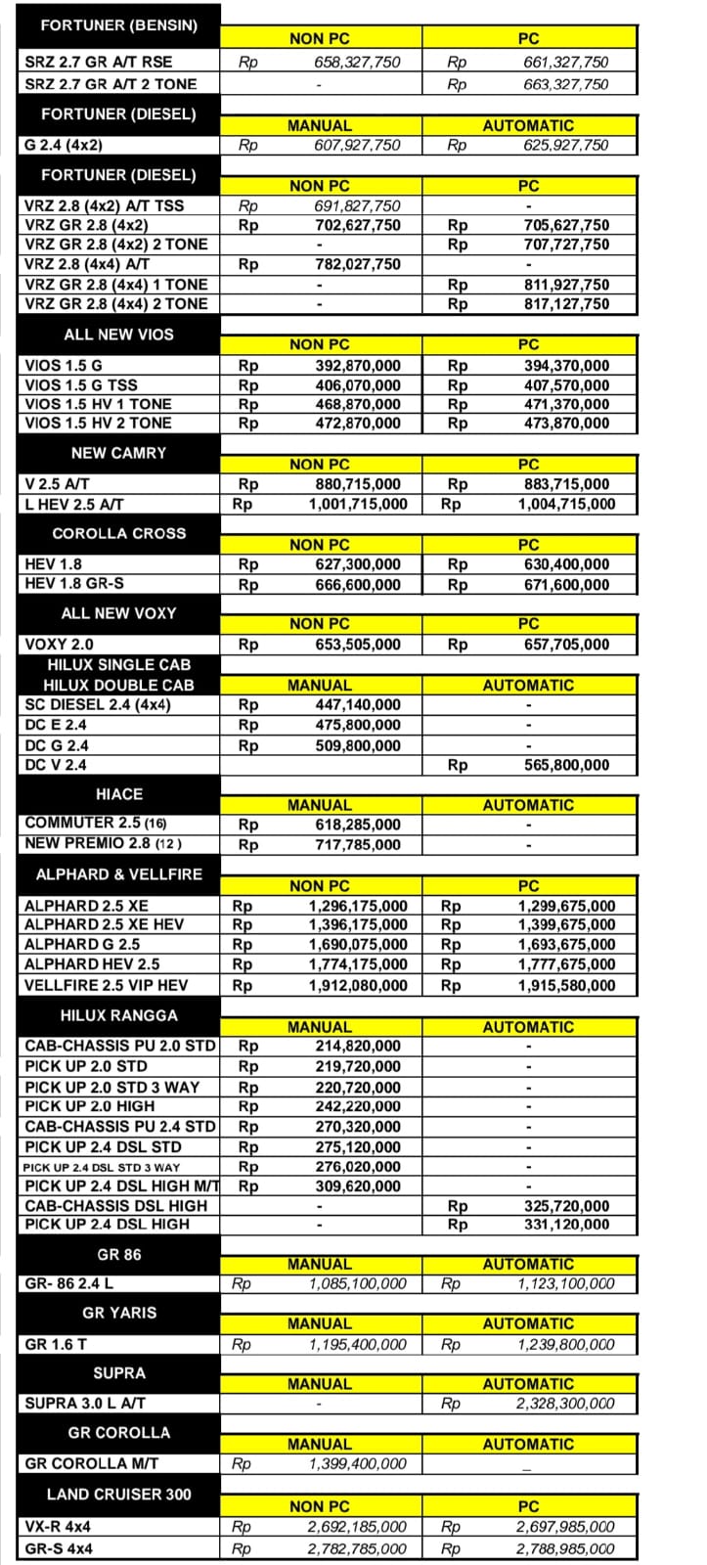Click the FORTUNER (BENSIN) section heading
pyautogui.click(x=118, y=25)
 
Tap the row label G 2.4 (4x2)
pyautogui.click(x=64, y=145)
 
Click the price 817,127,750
pyautogui.click(x=566, y=303)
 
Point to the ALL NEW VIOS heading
pyautogui.click(x=118, y=335)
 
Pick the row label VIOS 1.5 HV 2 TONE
pyautogui.click(x=98, y=423)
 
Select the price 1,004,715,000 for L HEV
pyautogui.click(x=566, y=505)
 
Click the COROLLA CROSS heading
pyautogui.click(x=118, y=534)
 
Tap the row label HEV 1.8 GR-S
pyautogui.click(x=74, y=585)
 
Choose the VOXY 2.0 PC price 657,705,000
pyautogui.click(x=566, y=645)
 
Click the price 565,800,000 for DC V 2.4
pyautogui.click(x=566, y=765)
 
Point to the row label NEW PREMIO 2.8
pyautogui.click(x=103, y=843)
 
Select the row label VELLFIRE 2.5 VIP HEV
pyautogui.click(x=106, y=985)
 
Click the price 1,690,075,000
pyautogui.click(x=358, y=945)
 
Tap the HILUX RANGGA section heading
pyautogui.click(x=118, y=1015)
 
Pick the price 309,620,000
pyautogui.click(x=358, y=1186)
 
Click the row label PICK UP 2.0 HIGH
pyautogui.click(x=89, y=1106)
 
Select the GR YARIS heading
pyautogui.click(x=118, y=1313)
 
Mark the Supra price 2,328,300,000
pyautogui.click(x=566, y=1404)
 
